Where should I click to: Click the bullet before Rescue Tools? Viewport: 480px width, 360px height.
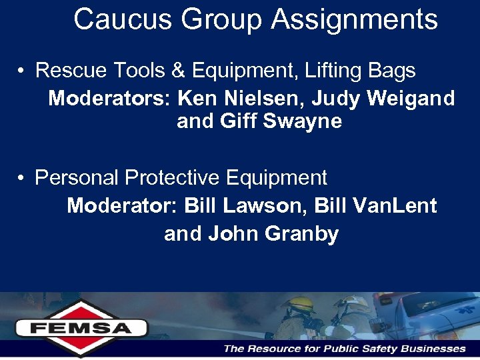point(23,71)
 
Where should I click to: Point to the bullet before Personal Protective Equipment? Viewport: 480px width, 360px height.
point(23,179)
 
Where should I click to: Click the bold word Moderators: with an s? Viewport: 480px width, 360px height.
point(110,99)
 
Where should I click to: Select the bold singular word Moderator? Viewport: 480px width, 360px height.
point(123,205)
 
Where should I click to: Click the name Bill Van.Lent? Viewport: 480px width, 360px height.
point(385,205)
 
